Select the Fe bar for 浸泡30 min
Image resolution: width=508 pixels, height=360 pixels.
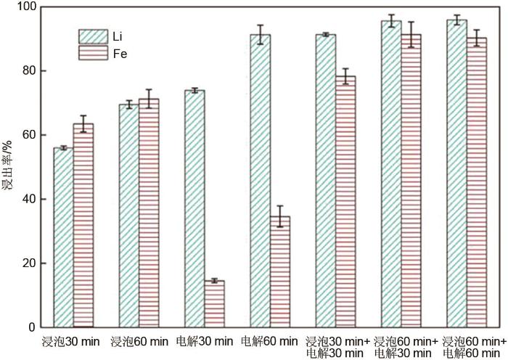83,226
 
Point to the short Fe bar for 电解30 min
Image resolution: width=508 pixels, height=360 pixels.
214,304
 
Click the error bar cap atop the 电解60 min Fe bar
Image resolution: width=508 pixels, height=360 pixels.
280,206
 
